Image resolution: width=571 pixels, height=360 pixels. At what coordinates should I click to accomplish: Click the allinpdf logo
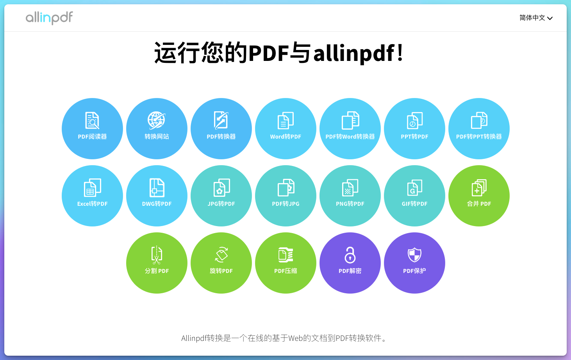pos(49,18)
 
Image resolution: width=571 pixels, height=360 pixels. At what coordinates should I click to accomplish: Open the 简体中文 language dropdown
pos(535,18)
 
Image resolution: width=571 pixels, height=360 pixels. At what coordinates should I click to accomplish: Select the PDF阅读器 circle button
pos(92,128)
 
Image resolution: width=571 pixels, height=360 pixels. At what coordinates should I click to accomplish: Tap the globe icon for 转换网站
pos(156,120)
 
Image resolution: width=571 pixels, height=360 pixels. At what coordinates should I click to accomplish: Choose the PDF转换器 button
pos(221,128)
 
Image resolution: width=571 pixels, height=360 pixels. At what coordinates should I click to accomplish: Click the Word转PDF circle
pos(285,128)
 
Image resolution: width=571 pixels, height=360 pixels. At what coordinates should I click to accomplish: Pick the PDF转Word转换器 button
pos(350,128)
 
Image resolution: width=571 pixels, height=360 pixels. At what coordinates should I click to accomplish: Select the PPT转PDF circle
pos(414,128)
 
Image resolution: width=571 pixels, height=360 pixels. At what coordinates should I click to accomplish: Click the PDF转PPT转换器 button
pos(479,128)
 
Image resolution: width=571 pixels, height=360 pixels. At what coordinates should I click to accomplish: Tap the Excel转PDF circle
pos(92,196)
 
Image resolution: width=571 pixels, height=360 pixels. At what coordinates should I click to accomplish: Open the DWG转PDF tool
pos(157,196)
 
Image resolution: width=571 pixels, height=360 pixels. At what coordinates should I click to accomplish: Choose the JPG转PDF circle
pos(221,196)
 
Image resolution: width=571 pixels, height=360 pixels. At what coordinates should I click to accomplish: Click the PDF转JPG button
pos(285,196)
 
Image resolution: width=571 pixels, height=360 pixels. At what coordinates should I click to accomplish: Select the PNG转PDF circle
pos(350,196)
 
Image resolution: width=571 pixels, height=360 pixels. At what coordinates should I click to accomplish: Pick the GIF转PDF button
pos(414,196)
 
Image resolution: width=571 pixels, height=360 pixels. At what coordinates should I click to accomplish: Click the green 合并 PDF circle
pos(479,196)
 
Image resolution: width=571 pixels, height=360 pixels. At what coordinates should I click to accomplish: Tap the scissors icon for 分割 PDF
pos(157,255)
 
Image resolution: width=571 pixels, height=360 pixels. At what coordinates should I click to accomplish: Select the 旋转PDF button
pos(221,263)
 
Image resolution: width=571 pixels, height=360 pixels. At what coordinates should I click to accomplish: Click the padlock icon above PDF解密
pos(350,255)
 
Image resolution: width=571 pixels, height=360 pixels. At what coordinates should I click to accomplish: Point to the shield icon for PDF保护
pos(414,255)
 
